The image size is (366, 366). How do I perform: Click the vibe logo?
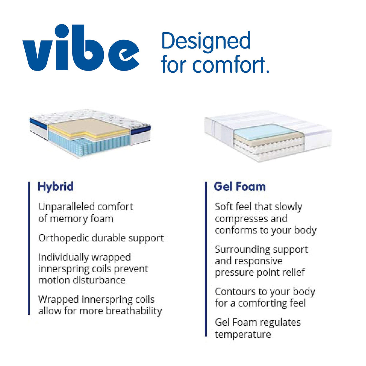(81, 48)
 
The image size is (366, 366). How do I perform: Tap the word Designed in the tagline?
(206, 41)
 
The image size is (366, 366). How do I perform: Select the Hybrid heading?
(56, 187)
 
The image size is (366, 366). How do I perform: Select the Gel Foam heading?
(240, 187)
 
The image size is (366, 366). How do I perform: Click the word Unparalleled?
(66, 207)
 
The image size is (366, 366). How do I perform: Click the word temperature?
(243, 334)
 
